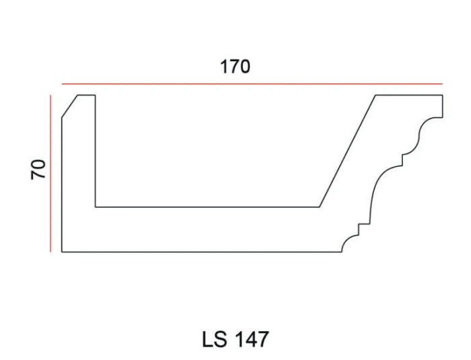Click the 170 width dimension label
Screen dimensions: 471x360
point(235,67)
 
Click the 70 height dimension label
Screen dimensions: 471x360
point(38,170)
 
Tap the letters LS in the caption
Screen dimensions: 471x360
point(215,339)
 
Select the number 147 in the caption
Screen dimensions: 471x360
point(251,339)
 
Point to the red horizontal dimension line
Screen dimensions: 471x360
point(252,84)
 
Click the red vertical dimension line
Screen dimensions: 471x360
point(50,174)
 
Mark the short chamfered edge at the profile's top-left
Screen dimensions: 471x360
point(70,106)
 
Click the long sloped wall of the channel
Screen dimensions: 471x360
point(347,151)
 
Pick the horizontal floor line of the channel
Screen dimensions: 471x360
point(207,207)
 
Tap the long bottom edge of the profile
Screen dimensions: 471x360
point(202,252)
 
